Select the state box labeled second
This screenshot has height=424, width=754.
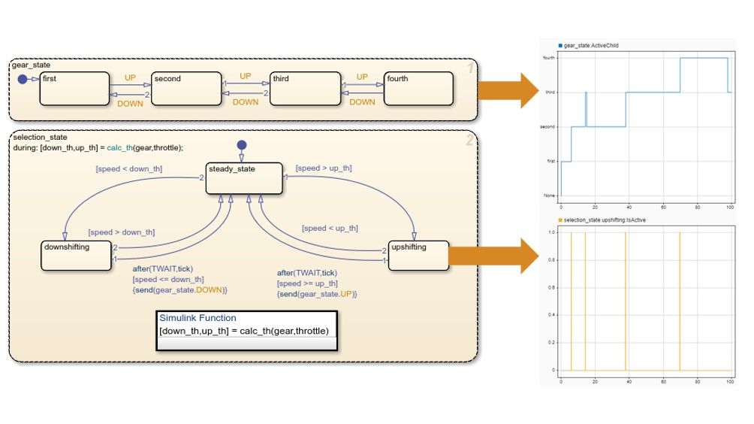(184, 89)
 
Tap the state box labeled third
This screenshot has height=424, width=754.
(300, 89)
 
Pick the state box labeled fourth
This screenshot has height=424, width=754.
(418, 89)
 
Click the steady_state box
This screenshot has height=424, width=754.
(244, 178)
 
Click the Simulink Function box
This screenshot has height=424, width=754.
(247, 330)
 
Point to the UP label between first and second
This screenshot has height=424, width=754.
(130, 77)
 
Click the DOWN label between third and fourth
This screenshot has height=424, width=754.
(362, 102)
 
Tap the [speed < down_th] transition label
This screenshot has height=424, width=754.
(129, 168)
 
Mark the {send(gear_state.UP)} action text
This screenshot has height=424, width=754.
(317, 294)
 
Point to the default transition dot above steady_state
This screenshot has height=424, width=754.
(241, 144)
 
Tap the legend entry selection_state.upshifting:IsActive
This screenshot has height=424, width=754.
(605, 220)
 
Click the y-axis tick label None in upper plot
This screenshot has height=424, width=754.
(550, 196)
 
